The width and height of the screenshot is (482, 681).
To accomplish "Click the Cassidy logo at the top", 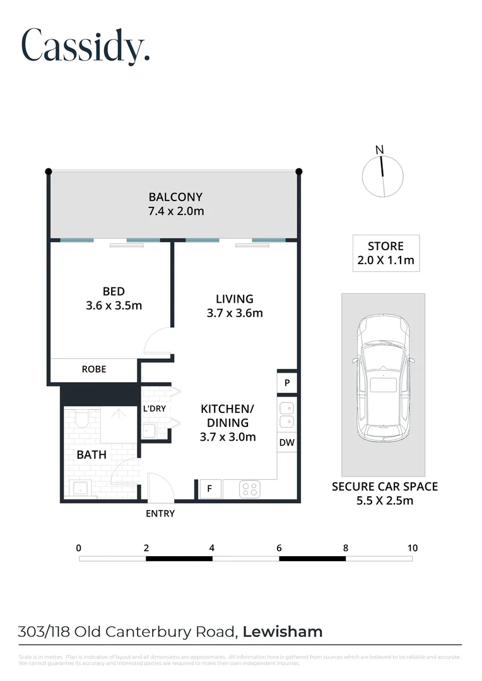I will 86,45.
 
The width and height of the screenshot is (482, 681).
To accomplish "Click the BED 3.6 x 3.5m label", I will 114,298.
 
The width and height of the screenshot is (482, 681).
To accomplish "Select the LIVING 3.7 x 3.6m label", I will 234,305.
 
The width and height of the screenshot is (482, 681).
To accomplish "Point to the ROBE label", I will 94,370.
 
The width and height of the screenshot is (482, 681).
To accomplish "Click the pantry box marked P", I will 286,383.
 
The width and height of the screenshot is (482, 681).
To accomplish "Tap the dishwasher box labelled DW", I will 286,443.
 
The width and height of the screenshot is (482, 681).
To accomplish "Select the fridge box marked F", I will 209,489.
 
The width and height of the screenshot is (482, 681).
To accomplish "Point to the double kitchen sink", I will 286,414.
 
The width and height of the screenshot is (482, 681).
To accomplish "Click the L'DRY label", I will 155,409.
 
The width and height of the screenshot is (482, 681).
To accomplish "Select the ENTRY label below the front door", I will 160,513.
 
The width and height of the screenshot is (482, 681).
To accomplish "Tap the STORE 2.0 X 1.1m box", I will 385,253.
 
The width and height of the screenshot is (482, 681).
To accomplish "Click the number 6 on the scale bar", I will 279,547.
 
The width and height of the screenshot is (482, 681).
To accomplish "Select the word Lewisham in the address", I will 283,631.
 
